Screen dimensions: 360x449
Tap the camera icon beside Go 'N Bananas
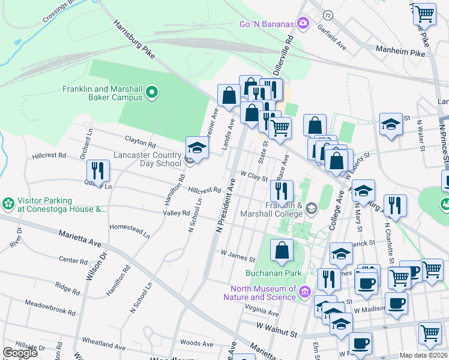pos(304,23)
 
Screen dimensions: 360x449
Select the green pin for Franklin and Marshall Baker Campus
pos(152,92)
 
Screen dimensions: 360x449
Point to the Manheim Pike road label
pos(400,53)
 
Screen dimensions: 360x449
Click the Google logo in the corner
pos(20,353)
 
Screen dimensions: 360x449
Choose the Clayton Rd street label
pos(140,145)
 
